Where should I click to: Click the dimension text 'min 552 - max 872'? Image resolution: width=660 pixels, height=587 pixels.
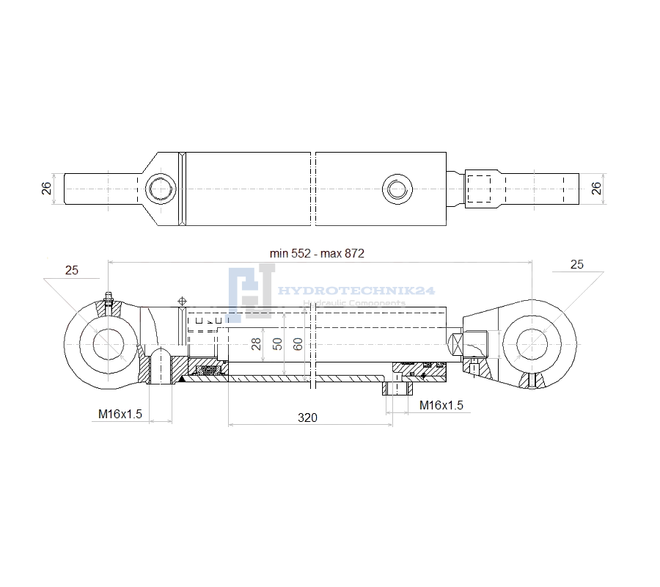(317, 253)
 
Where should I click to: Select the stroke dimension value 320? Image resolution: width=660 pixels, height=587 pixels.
(307, 418)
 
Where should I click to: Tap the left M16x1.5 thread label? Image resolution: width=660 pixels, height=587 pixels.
(120, 414)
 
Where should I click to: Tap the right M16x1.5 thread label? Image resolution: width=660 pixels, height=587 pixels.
(441, 405)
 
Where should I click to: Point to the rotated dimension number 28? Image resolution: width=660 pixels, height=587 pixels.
(256, 344)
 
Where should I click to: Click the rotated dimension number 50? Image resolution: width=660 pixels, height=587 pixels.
(277, 344)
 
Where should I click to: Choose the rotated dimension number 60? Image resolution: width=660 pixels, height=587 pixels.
(298, 344)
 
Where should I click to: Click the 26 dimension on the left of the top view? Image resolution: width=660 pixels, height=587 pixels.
(46, 189)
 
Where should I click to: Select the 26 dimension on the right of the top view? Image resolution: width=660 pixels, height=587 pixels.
(596, 189)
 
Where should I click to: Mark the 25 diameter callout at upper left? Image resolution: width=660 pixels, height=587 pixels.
(72, 270)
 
